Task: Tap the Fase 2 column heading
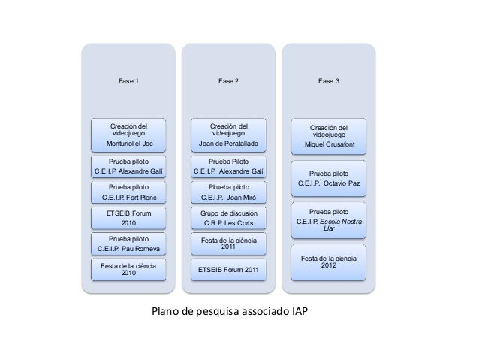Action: (x=228, y=80)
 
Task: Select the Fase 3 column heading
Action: (x=328, y=80)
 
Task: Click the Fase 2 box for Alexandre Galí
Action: (x=228, y=166)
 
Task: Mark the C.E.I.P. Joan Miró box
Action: (x=228, y=192)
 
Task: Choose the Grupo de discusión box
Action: (x=228, y=218)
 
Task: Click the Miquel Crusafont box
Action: (x=329, y=136)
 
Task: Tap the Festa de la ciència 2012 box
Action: (x=329, y=263)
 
